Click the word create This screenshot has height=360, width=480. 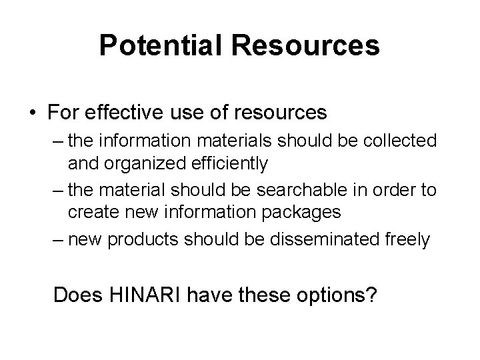pyautogui.click(x=92, y=212)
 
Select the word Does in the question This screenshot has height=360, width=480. pyautogui.click(x=75, y=294)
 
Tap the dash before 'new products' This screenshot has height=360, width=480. pyautogui.click(x=54, y=240)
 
